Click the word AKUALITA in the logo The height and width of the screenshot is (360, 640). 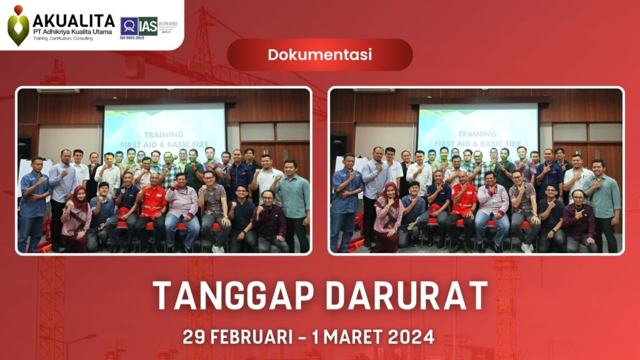(x=73, y=20)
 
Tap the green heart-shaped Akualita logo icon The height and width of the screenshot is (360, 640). (x=18, y=26)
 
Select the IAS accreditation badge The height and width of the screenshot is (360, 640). (x=139, y=26)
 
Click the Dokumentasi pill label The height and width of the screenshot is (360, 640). (x=319, y=54)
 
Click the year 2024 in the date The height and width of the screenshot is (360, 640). (x=411, y=336)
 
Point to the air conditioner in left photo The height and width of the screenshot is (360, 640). (x=57, y=91)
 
